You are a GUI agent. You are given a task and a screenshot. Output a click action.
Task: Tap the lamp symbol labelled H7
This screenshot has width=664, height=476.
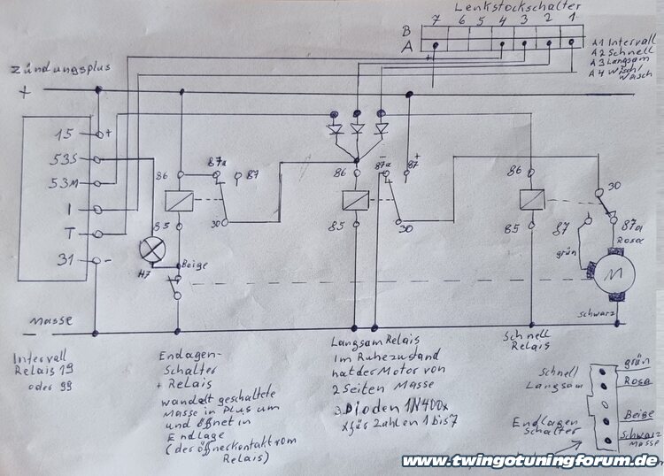[154, 250]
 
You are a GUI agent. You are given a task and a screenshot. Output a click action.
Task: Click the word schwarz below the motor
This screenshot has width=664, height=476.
[603, 313]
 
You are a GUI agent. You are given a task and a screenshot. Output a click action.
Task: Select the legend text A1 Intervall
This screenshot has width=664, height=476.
[624, 41]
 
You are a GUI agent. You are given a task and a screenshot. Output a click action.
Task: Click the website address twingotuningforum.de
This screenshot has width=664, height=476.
[529, 460]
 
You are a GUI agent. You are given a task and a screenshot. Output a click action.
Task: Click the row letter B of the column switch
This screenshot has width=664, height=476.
[406, 29]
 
